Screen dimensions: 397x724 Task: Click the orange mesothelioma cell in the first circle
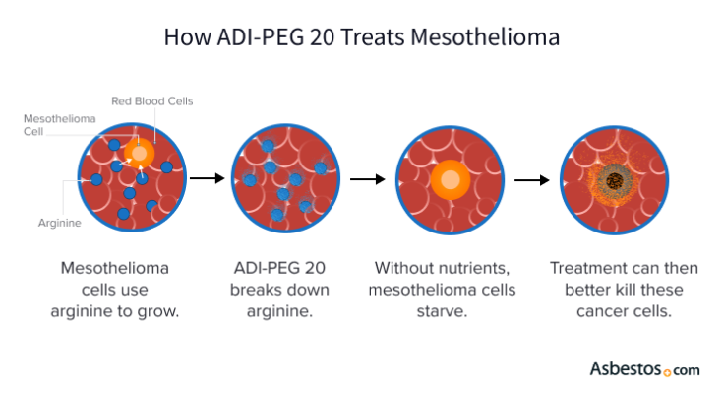(140, 154)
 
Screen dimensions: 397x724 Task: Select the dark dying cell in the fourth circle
(616, 180)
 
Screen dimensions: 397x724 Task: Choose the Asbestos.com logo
(644, 369)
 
